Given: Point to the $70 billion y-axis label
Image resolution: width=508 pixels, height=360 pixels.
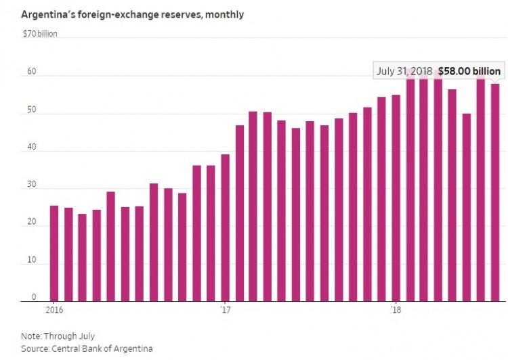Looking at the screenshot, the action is pos(40,34).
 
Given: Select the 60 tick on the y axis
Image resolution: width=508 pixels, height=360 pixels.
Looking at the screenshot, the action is pos(32,71).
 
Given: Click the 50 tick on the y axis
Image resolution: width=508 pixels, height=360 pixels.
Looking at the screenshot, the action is pos(32,110).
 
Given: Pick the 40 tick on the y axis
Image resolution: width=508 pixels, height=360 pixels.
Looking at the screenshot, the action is pos(32,147).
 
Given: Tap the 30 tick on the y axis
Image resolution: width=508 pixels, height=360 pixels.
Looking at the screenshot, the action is pos(32,185).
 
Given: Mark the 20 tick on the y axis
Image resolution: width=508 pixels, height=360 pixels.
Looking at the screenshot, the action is pos(32,222).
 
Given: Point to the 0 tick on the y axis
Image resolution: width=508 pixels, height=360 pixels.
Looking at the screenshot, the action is pos(34,297).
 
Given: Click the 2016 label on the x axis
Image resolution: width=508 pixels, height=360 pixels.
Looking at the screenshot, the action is pos(54,310).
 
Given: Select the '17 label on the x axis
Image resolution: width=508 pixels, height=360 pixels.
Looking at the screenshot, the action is pos(225,310).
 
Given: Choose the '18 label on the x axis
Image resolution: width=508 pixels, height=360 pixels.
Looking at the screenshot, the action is pos(396,310).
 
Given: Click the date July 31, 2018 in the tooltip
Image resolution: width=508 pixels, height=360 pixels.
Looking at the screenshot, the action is pos(404,71).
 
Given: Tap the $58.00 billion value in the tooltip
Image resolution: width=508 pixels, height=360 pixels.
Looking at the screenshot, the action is pos(469,71).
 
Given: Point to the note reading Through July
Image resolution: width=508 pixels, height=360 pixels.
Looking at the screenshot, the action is pos(69,336).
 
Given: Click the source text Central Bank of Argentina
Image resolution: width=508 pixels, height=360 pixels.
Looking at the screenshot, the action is pos(102,348).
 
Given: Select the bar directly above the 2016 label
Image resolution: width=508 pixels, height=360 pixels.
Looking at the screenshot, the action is pos(54,254).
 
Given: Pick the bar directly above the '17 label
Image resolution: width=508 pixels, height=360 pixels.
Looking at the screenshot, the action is pos(225,228).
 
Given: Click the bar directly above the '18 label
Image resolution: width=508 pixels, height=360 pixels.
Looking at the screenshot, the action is pos(396,198).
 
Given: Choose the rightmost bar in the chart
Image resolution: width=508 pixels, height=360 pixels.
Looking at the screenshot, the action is pos(495,193).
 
